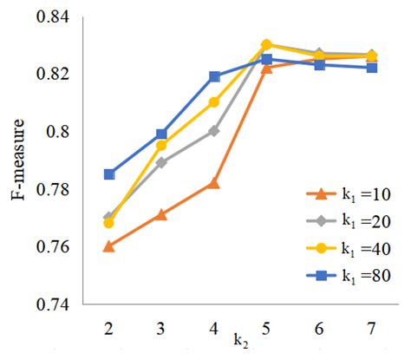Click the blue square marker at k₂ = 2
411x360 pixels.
click(109, 174)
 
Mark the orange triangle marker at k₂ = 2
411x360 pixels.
click(109, 245)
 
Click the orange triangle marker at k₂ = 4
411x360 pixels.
click(214, 183)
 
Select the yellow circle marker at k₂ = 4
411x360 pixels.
click(214, 102)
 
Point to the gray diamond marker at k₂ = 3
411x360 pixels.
click(162, 162)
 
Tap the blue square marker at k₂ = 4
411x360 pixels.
click(214, 76)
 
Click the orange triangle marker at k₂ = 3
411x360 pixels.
click(162, 214)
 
